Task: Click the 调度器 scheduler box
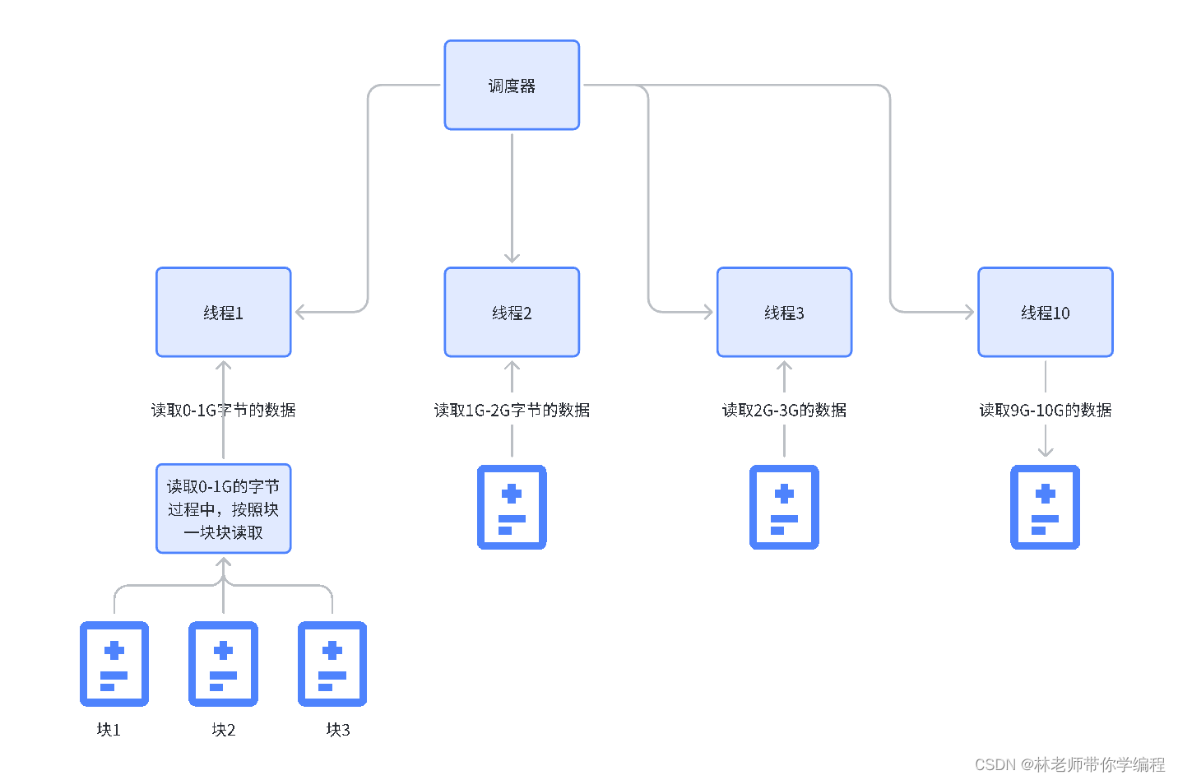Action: (x=512, y=85)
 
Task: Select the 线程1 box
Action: (x=224, y=312)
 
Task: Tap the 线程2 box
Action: (x=512, y=312)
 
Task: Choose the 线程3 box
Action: (x=784, y=312)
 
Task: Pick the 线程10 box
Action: (x=1045, y=312)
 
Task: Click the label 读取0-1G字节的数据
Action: (x=223, y=410)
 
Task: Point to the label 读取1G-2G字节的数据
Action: (x=512, y=410)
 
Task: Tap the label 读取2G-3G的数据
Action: (x=784, y=410)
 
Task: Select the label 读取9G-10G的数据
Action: (x=1045, y=410)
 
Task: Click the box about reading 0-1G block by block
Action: (x=224, y=508)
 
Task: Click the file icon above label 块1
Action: (x=114, y=663)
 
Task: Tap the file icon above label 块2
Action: (x=223, y=663)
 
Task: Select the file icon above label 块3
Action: (x=332, y=663)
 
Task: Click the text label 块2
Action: (x=223, y=730)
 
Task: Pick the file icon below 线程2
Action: (x=512, y=507)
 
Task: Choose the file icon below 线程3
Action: (x=784, y=507)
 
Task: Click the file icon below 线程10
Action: (x=1045, y=507)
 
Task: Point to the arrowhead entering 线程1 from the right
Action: (x=300, y=312)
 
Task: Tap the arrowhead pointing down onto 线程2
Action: (x=512, y=258)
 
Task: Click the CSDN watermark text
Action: (x=1069, y=764)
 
